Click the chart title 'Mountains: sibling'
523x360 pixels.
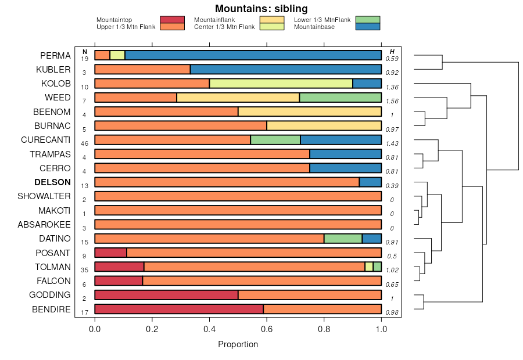coord(261,9)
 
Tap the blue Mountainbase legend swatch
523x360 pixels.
coord(367,27)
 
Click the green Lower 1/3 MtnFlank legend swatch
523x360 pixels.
coord(367,20)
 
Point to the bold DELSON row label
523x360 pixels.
coord(53,182)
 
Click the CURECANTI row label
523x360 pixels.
coord(46,140)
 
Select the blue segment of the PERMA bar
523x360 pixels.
coord(253,55)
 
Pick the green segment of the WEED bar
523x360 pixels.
coord(340,98)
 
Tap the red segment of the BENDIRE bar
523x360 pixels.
coord(179,309)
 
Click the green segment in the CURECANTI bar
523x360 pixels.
coord(275,140)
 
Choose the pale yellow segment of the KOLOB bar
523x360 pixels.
coord(281,84)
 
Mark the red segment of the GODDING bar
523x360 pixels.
coord(166,295)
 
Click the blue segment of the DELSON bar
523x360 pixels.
coord(370,182)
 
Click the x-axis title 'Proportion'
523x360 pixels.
coord(238,344)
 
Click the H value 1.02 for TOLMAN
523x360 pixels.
coord(392,270)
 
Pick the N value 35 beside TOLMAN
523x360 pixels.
coord(84,270)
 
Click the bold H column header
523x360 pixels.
coord(392,52)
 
